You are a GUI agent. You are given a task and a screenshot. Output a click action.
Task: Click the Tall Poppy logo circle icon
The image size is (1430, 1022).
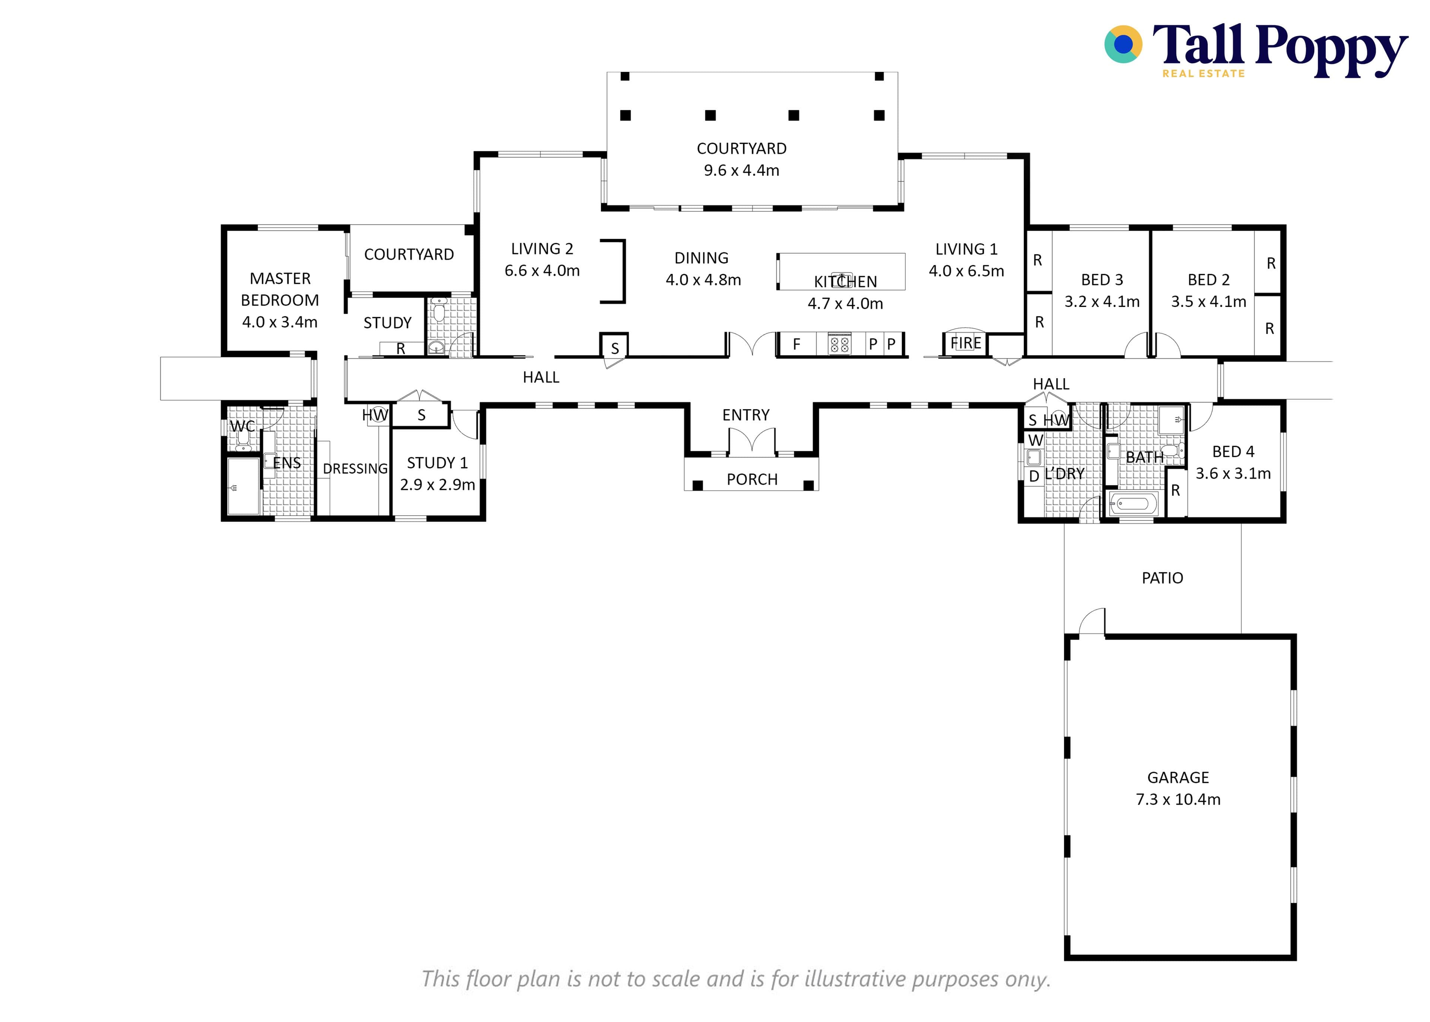coord(1123,44)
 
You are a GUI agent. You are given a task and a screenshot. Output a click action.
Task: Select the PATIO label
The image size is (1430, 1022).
coord(1162,578)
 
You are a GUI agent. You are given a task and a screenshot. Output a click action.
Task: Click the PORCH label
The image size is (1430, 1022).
coord(752,480)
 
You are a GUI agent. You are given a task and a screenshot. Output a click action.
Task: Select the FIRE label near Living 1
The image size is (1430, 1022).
coord(966,343)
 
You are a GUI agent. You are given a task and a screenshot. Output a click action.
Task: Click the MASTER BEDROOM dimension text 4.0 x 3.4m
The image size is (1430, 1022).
coord(280,322)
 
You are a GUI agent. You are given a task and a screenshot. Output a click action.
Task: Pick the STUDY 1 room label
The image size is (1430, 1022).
coord(437,463)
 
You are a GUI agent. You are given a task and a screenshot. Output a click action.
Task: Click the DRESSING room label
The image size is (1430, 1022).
coord(355,469)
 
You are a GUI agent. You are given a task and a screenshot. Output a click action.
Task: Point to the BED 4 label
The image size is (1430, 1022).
coord(1233,452)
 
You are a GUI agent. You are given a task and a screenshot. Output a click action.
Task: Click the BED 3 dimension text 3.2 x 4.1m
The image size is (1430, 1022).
coord(1102,302)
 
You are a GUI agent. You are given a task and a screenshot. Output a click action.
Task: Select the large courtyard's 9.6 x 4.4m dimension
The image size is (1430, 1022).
coord(741,171)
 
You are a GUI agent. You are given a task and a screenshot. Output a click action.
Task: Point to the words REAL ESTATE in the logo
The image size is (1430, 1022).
coord(1204,74)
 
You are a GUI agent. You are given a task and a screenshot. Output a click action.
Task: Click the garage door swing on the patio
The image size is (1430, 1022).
coord(1092,621)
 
